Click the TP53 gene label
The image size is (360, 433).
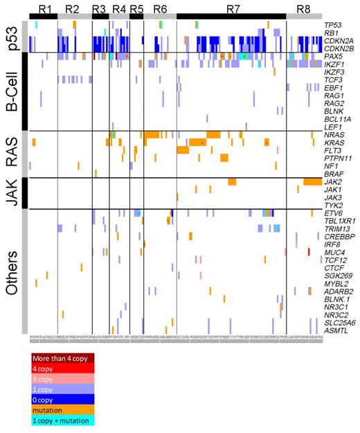click(334, 26)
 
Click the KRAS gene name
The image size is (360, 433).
click(334, 142)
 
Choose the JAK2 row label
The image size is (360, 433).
click(334, 182)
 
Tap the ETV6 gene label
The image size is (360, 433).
click(334, 213)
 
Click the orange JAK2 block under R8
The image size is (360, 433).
click(312, 182)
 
